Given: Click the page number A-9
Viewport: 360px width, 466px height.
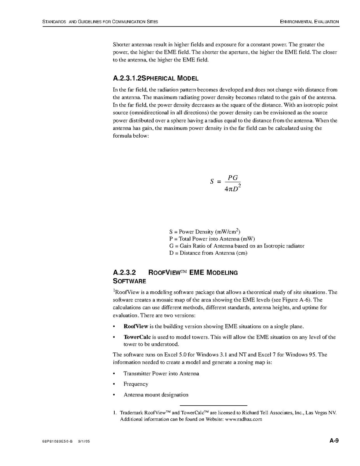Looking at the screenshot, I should coord(334,441).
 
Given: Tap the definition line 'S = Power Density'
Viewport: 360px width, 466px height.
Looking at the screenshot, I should coord(207,232).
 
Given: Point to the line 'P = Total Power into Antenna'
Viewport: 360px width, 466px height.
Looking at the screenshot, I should coord(212,239).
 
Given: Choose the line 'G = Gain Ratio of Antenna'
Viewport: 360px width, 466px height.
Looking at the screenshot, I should coord(237,246).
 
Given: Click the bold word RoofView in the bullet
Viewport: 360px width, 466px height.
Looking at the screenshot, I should coord(133,326).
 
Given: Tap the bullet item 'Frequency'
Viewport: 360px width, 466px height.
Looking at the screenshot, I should coord(136,384).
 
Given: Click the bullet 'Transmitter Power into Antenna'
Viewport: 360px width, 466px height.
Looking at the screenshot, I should coord(161,373).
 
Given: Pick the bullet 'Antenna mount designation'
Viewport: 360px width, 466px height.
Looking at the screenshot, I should coord(156,395).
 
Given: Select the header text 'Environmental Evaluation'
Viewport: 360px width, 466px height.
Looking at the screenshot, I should coord(309,22).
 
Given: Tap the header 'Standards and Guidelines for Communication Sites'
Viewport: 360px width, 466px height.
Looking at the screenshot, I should coord(100,22).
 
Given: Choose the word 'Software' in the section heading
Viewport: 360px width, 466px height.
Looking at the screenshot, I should coord(129,281).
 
